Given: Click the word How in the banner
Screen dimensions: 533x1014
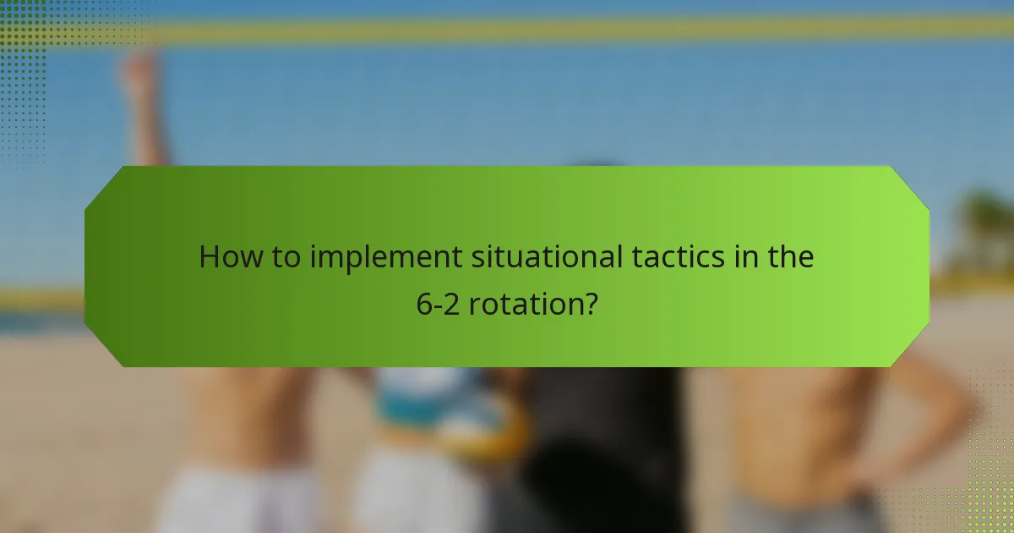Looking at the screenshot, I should pyautogui.click(x=226, y=257).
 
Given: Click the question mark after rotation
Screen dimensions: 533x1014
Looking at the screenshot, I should pyautogui.click(x=591, y=304).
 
